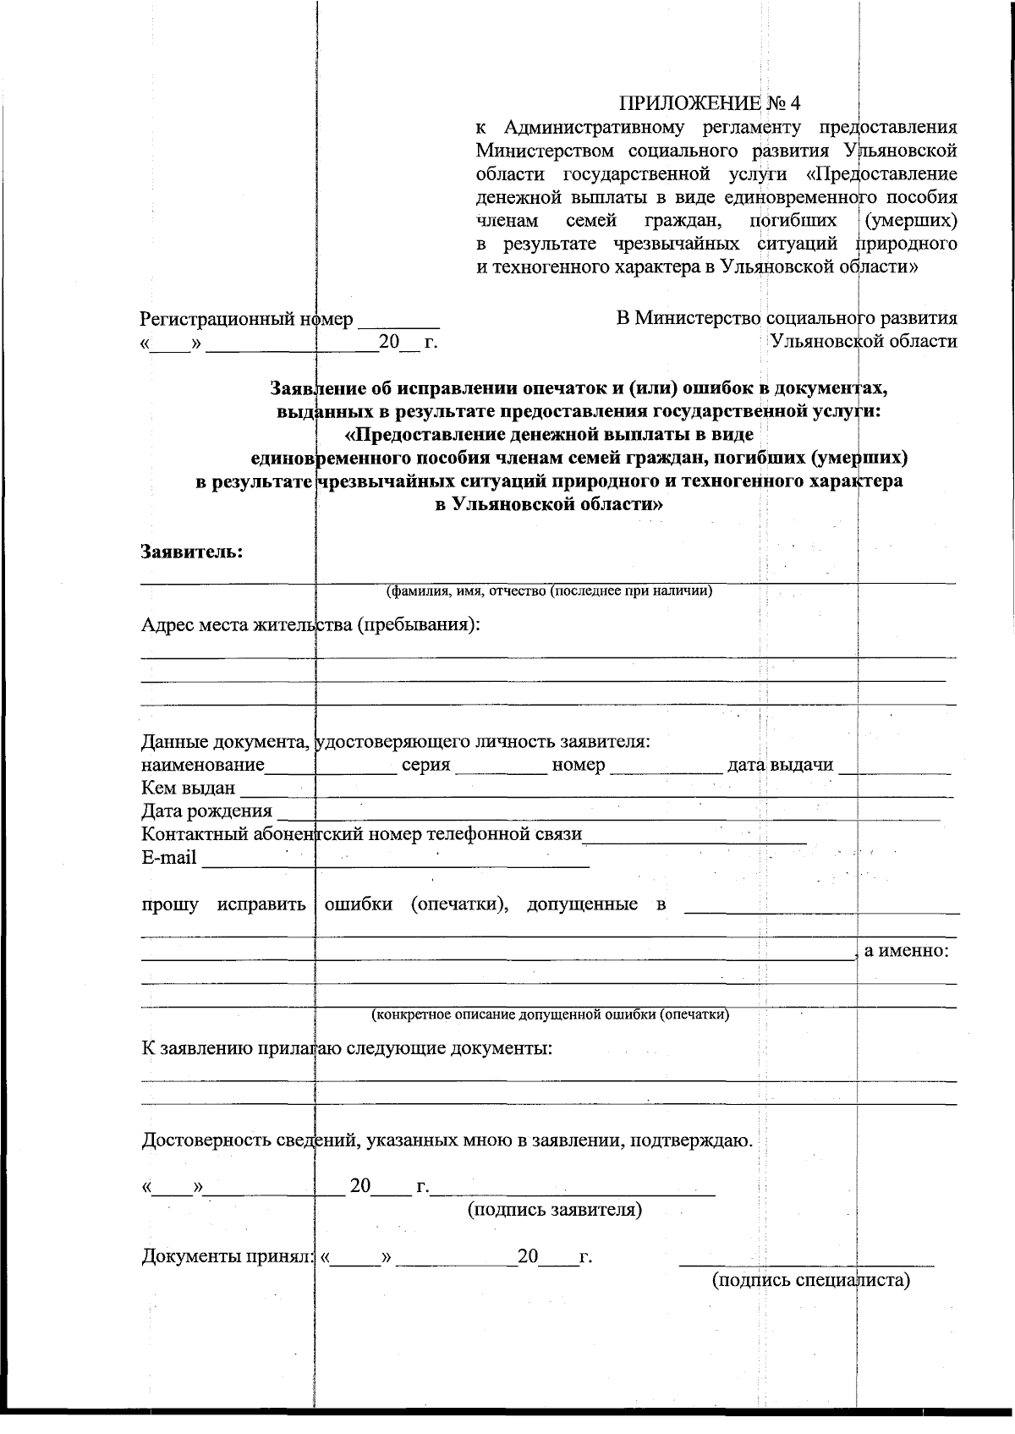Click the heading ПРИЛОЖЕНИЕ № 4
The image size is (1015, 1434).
[x=710, y=103]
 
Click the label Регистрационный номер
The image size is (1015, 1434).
[x=246, y=320]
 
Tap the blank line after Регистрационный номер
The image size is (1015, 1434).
[x=398, y=322]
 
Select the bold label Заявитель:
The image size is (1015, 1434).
[x=192, y=552]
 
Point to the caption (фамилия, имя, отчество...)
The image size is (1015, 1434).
[x=549, y=591]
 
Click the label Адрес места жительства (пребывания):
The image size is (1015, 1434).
[x=310, y=625]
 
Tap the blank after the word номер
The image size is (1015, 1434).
[x=664, y=768]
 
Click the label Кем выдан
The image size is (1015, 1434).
[x=188, y=788]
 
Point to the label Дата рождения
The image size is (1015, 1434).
[x=206, y=811]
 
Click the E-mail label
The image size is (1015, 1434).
[x=169, y=858]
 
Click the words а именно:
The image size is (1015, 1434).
[x=905, y=950]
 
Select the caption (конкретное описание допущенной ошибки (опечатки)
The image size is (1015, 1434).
[x=551, y=1014]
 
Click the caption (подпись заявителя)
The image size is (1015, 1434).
[x=555, y=1210]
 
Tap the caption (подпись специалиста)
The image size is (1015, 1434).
[x=811, y=1279]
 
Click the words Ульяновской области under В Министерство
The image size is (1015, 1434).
[x=863, y=341]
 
